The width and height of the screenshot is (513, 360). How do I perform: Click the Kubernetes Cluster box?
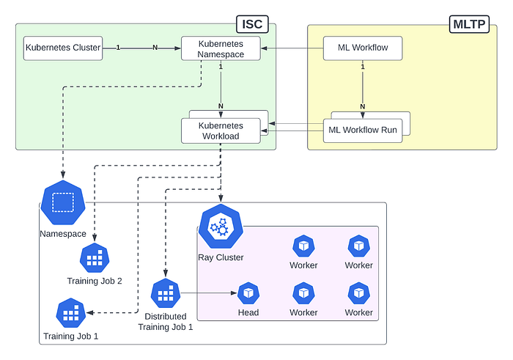[63, 48]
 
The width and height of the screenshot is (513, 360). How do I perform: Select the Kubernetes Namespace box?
[221, 48]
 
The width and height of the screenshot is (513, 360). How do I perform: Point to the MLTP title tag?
[469, 24]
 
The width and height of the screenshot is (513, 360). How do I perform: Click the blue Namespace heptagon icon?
[63, 202]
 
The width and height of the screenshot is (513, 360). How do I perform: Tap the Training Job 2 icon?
[94, 258]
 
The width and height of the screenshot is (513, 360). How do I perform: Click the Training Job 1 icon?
[70, 314]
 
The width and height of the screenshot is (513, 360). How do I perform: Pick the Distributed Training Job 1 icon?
[165, 294]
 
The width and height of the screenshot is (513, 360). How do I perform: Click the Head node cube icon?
[248, 293]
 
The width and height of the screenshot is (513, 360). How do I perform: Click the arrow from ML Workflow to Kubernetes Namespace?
[292, 48]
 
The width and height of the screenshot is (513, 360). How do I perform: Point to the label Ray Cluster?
[221, 257]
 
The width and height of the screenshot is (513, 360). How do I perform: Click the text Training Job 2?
[94, 282]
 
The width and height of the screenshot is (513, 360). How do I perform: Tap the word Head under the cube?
[248, 312]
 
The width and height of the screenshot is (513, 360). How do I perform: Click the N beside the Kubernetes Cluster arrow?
[154, 48]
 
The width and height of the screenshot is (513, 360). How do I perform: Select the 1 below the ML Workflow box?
[362, 67]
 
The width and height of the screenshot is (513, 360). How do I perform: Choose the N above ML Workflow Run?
[362, 108]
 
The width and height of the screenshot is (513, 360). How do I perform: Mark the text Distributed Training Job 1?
[165, 322]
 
